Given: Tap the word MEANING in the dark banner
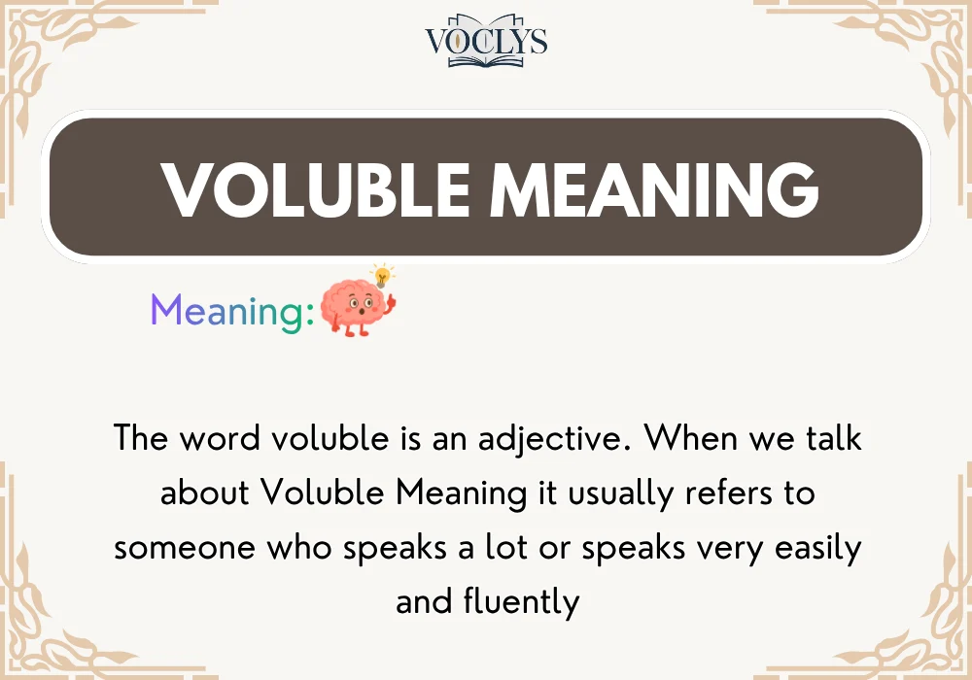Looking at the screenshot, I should click(653, 188).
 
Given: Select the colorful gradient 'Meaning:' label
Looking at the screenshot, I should click(232, 312).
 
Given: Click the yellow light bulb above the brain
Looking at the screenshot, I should click(384, 273).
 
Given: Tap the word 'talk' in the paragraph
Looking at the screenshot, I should click(831, 438).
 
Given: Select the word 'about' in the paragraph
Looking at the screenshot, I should click(205, 493).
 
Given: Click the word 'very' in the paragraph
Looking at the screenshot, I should click(718, 548).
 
